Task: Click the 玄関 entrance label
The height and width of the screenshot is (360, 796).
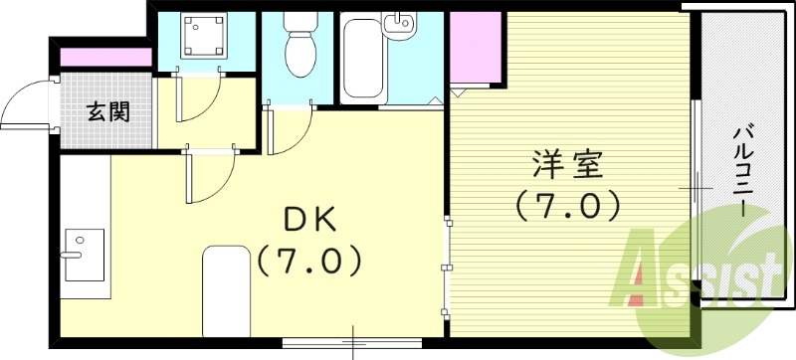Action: [x=106, y=111]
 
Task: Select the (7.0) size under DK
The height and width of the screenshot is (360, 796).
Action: [x=308, y=262]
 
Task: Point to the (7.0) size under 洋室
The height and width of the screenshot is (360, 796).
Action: [x=567, y=206]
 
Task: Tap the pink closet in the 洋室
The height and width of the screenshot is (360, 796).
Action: [x=476, y=50]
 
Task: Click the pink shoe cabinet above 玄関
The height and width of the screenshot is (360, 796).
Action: [x=105, y=58]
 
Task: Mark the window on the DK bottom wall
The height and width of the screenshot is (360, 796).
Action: [x=352, y=341]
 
